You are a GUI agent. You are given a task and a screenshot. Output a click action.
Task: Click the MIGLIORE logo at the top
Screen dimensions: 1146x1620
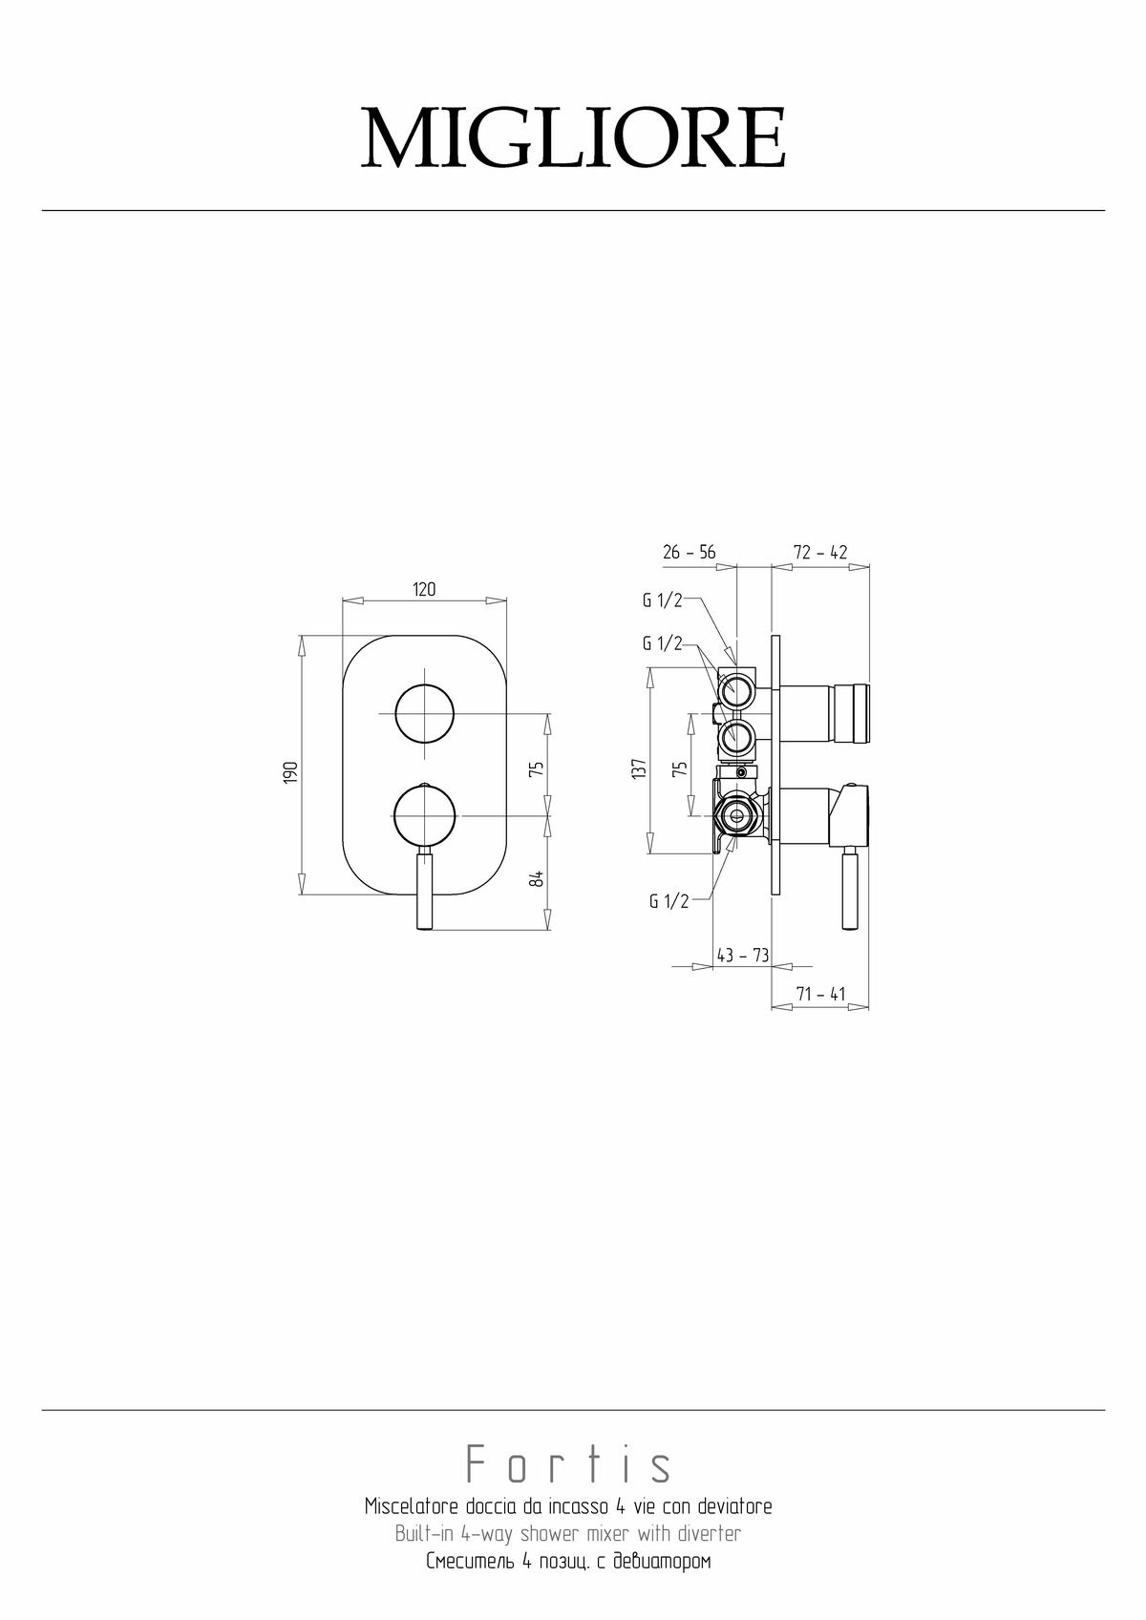click(573, 137)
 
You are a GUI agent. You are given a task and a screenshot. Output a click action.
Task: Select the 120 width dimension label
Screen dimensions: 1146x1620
click(425, 589)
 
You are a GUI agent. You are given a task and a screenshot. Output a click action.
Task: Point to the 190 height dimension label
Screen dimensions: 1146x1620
click(291, 772)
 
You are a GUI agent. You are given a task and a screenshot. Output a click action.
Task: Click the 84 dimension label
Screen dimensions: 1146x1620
click(536, 878)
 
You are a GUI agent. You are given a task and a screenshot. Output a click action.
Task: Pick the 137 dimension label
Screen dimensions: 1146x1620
click(638, 768)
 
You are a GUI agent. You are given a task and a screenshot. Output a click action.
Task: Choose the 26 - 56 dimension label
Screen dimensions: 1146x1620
click(690, 553)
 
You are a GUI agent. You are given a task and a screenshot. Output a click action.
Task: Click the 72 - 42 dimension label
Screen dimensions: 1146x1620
click(820, 553)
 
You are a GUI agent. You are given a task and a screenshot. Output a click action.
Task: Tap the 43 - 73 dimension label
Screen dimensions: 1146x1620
click(742, 956)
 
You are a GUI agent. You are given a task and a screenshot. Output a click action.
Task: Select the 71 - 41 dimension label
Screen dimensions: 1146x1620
click(820, 995)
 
